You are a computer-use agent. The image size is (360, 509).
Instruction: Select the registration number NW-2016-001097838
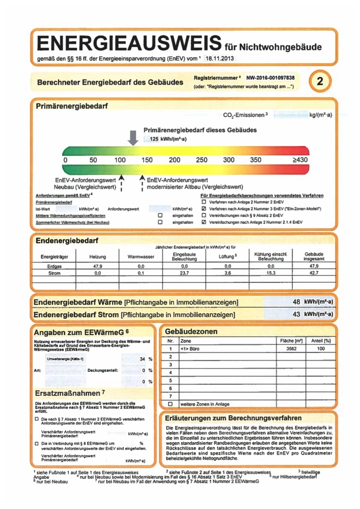tap(270, 77)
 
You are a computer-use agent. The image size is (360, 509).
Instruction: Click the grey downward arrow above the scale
tap(133, 137)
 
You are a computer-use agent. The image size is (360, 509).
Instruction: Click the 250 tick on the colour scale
tap(201, 159)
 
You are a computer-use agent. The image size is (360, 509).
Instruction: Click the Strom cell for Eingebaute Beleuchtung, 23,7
tap(185, 272)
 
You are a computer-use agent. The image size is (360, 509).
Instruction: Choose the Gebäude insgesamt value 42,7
tap(314, 272)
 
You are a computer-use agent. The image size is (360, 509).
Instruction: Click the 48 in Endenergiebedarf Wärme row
tap(297, 302)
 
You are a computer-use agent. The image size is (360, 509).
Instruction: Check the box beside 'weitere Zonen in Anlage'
tap(170, 403)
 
